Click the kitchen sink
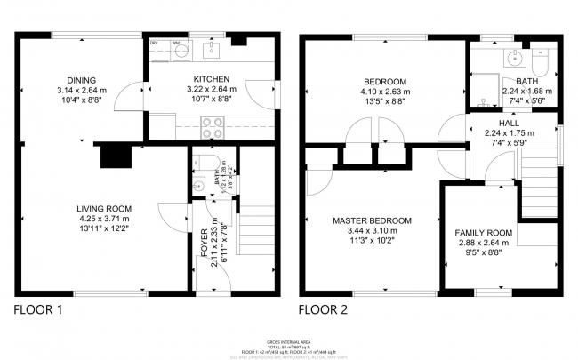click(x=213, y=49)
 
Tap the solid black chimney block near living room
click(x=114, y=156)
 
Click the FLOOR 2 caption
click(x=325, y=310)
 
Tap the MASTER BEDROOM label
click(x=373, y=220)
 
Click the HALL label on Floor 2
click(x=508, y=123)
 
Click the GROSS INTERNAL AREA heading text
click(x=289, y=340)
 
